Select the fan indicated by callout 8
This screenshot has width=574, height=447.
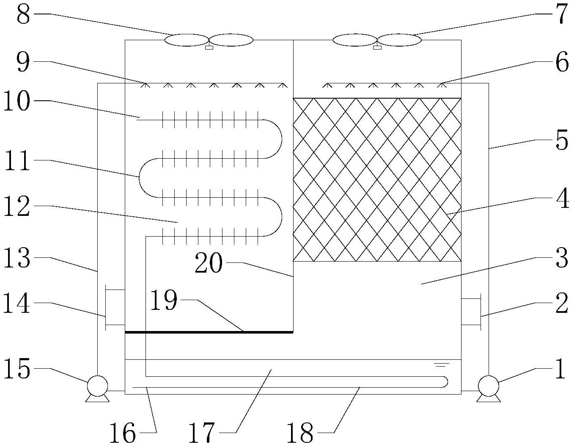(209, 40)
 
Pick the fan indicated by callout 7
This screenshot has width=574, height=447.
(377, 40)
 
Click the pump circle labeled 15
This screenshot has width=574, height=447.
(97, 386)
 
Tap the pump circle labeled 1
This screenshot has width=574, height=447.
(488, 386)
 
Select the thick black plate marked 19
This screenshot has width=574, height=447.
(209, 332)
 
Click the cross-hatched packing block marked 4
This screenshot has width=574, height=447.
(377, 180)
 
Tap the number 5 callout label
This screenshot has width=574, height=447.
(561, 141)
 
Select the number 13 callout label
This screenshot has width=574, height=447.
(17, 258)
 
